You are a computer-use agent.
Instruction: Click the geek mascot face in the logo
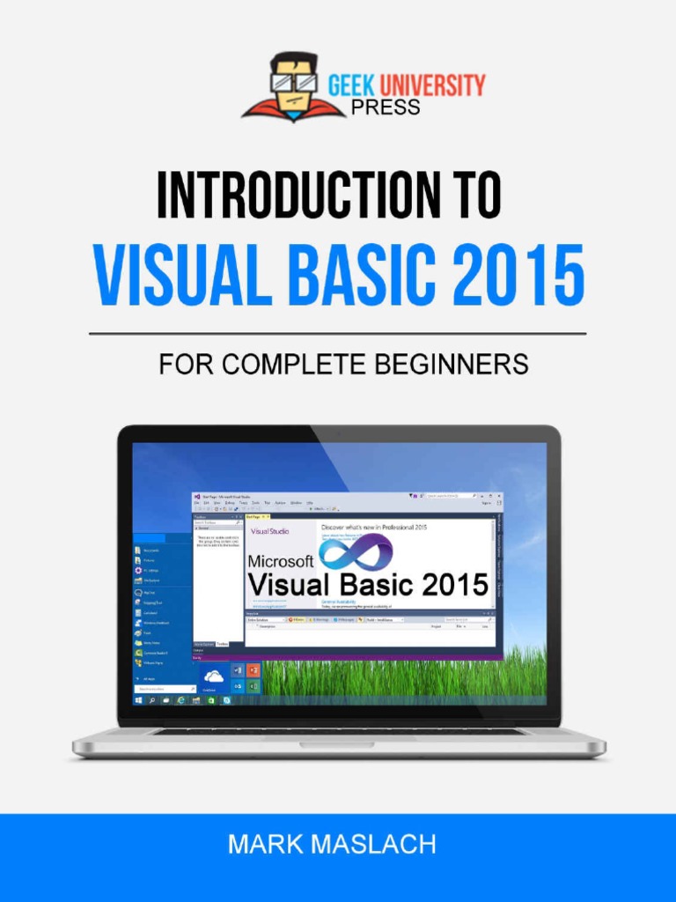point(292,84)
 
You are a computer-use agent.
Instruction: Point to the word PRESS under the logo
point(386,107)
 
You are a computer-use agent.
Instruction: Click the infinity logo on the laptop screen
point(355,553)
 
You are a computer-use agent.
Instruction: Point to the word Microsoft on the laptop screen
point(281,561)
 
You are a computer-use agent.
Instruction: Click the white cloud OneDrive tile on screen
point(213,676)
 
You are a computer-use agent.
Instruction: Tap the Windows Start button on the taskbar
point(138,700)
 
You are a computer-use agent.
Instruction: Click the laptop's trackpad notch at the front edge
point(337,744)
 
